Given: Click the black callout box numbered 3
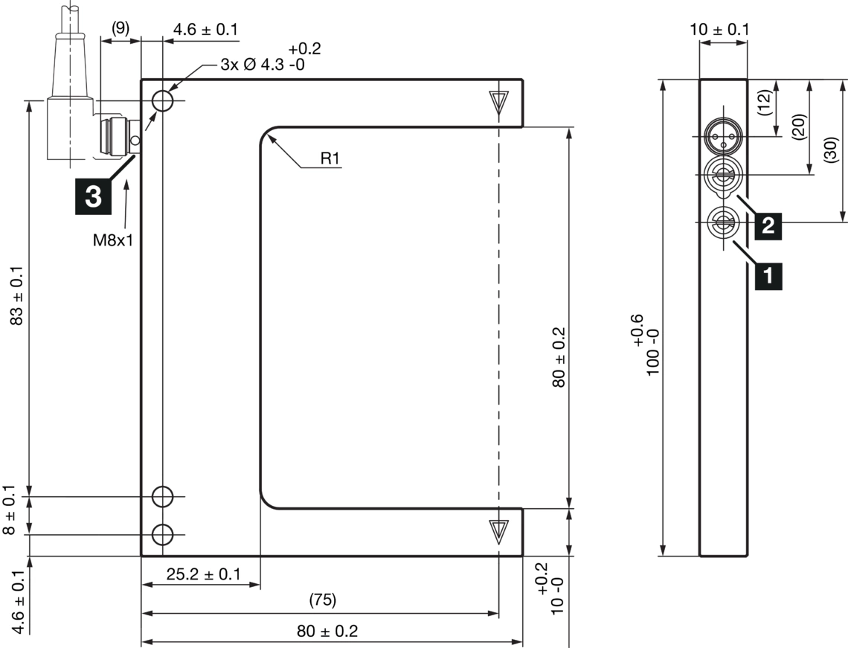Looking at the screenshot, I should point(93,197).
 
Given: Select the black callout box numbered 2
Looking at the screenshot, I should point(768,225).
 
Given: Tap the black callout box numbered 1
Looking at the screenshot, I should point(768,276).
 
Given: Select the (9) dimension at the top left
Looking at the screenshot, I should point(120,28).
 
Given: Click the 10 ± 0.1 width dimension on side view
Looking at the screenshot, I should point(721,29).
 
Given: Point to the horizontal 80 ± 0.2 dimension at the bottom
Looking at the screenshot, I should point(327,632).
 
